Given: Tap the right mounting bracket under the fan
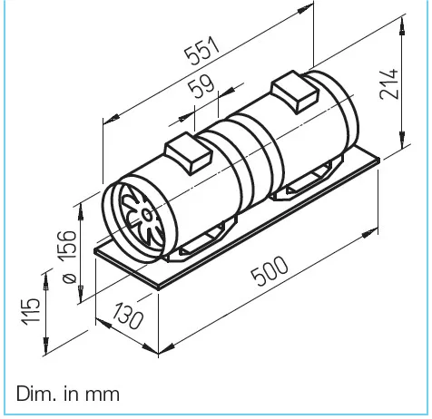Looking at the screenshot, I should click(x=307, y=181).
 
